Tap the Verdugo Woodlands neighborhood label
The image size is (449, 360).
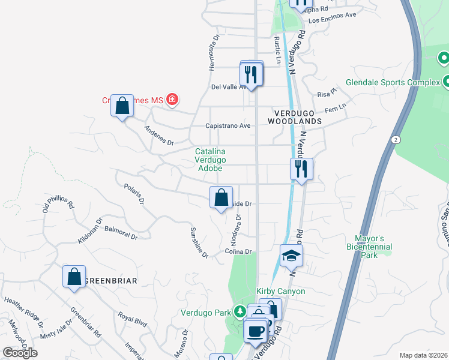point(298,117)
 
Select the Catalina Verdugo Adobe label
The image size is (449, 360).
point(209,160)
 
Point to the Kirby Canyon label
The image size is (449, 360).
point(281,292)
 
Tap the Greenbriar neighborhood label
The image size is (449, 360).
point(111,281)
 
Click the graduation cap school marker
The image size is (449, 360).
point(291,256)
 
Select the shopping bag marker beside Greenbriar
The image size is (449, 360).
point(74,278)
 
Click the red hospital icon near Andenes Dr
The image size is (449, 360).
point(172,99)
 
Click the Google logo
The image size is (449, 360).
point(20,352)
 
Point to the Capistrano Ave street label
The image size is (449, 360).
point(228,126)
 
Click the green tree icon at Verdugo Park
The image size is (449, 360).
point(240,311)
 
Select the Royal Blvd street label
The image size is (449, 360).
point(132,319)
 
